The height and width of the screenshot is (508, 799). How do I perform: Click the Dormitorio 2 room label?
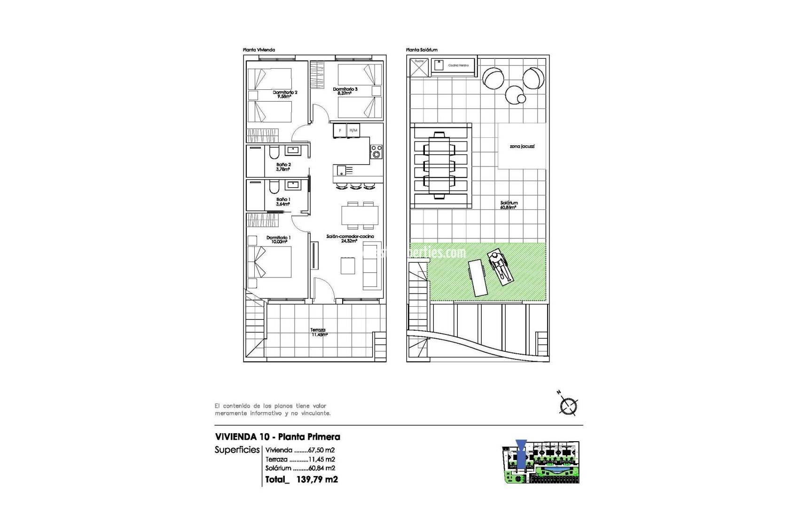point(285,93)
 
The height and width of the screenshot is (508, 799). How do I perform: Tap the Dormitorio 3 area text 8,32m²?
point(345,94)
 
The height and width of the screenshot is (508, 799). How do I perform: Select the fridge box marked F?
point(340,130)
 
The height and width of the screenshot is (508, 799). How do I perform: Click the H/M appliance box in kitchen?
point(353,130)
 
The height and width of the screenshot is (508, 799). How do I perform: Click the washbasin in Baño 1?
point(294,185)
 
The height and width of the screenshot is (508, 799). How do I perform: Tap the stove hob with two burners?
point(376,152)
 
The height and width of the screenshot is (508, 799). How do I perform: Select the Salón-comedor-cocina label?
point(350,237)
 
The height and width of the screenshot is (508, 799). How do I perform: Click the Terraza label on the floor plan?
point(318,330)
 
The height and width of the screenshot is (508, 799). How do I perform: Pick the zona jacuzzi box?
point(522,146)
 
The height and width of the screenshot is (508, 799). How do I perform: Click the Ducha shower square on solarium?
point(419,66)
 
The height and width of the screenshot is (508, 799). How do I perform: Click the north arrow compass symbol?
point(568,405)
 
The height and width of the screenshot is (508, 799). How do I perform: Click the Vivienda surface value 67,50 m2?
point(321,450)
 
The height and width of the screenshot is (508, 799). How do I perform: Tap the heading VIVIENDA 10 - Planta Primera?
point(277,437)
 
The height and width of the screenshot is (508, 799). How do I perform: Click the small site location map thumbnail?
point(540,461)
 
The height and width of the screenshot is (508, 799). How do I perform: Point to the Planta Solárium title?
point(422,50)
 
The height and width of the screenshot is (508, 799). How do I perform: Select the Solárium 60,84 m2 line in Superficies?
point(300,468)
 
